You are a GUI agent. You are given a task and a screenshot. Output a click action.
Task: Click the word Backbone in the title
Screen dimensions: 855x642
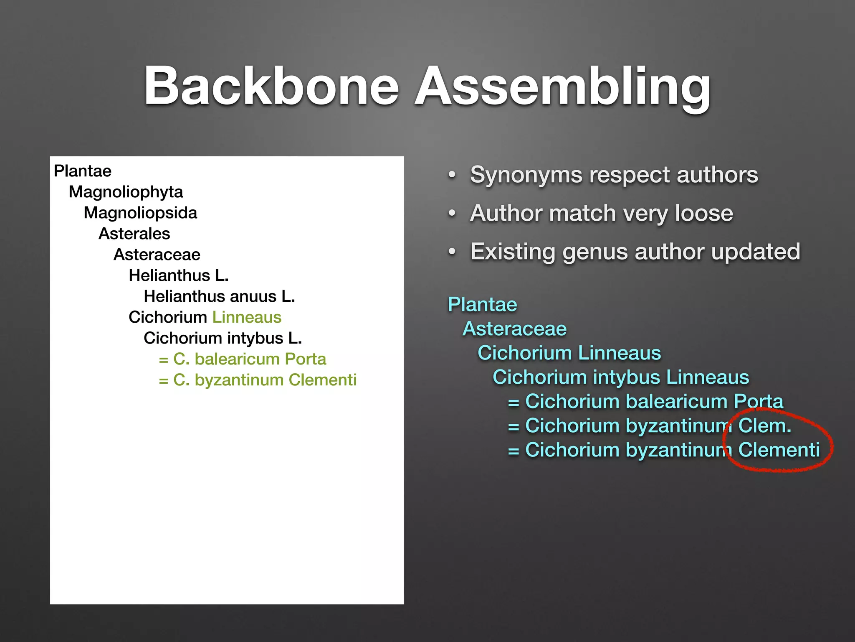[271, 87]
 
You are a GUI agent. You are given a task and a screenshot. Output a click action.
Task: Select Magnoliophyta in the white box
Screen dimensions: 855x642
[126, 192]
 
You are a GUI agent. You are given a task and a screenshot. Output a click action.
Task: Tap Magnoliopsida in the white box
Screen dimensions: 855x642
[140, 213]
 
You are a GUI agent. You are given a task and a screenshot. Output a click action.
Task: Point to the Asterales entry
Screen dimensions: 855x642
[134, 234]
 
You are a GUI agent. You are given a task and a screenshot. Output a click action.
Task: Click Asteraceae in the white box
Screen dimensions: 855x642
[157, 255]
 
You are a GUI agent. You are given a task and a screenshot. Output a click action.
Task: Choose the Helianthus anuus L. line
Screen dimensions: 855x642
[219, 296]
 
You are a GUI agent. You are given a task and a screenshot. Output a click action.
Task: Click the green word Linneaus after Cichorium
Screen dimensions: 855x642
[247, 317]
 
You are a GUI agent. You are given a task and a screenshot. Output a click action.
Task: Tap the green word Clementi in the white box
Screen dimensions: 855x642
[322, 380]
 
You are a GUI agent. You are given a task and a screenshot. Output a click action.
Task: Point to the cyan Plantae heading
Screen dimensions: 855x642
[482, 304]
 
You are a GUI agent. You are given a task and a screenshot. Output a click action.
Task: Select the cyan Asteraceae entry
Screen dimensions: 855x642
[514, 329]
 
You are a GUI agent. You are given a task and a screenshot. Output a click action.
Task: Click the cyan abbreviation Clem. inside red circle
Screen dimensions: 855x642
[764, 426]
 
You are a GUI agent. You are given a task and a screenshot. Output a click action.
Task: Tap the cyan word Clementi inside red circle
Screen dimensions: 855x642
[779, 450]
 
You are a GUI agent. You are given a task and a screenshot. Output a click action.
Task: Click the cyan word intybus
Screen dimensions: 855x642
[629, 377]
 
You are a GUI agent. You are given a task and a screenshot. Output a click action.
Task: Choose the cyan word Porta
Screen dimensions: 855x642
[758, 401]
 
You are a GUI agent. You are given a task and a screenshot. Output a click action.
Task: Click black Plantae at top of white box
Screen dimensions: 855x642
[83, 171]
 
